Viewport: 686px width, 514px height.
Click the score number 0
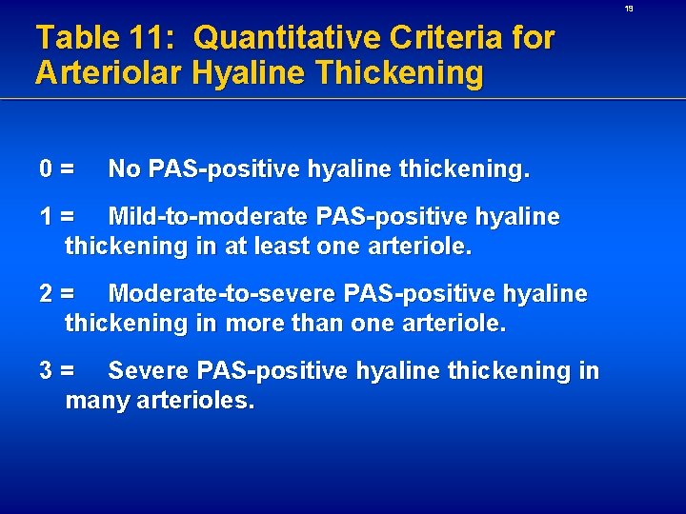46,169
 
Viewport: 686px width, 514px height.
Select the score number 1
46,217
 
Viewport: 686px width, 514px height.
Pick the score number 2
46,294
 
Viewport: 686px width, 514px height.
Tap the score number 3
46,370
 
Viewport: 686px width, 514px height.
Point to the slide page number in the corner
656,9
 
